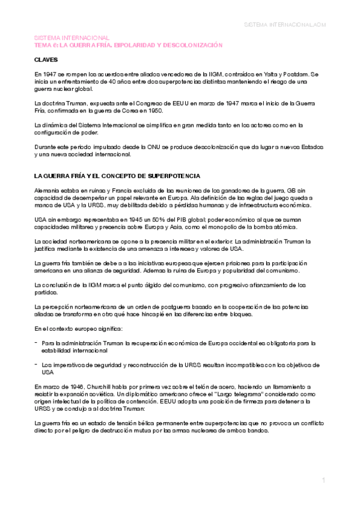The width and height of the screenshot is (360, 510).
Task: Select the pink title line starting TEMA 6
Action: click(x=128, y=45)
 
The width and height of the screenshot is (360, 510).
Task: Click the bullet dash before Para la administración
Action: click(x=36, y=342)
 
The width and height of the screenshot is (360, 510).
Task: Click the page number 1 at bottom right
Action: click(x=323, y=480)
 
